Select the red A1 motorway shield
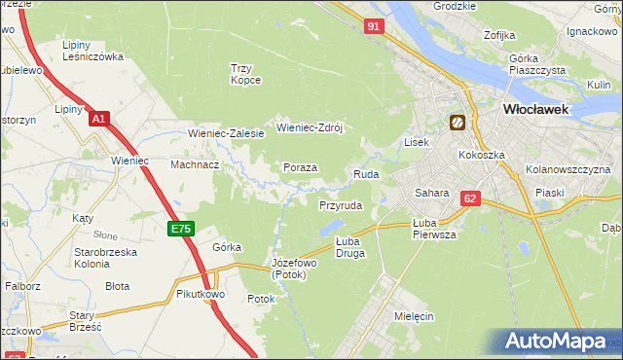[x=98, y=119]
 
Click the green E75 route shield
[x=180, y=229]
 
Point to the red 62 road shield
[x=471, y=198]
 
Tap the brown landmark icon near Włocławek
[x=457, y=123]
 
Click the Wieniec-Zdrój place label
[x=312, y=127]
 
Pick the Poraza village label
[x=300, y=167]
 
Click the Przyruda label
[x=341, y=206]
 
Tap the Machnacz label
[x=195, y=165]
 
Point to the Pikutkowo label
[x=202, y=293]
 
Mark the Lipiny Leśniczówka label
[x=92, y=51]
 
